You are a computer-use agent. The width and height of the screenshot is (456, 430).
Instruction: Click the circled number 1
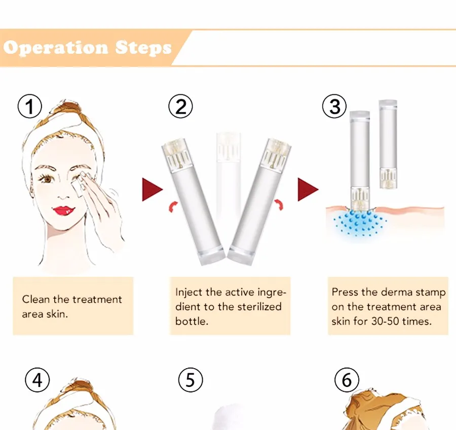[x=30, y=106]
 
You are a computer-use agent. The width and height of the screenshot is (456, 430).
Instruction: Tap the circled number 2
[x=180, y=106]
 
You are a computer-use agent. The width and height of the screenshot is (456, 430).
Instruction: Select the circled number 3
[x=334, y=106]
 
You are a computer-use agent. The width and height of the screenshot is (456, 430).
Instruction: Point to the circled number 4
[x=37, y=380]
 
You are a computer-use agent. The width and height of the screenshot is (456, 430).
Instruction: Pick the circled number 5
[x=191, y=380]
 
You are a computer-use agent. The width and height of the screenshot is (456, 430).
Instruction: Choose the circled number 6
[x=347, y=380]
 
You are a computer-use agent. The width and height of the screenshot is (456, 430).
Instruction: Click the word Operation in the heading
[x=56, y=48]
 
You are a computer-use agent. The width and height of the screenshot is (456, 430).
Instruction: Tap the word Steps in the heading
[x=143, y=48]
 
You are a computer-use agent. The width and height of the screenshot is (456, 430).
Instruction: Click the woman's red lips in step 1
[x=64, y=210]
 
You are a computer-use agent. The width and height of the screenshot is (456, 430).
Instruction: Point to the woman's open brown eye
[x=47, y=178]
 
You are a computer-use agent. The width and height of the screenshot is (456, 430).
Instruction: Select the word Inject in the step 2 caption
[x=188, y=292]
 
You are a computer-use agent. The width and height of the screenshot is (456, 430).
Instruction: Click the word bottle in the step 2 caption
[x=192, y=321]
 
